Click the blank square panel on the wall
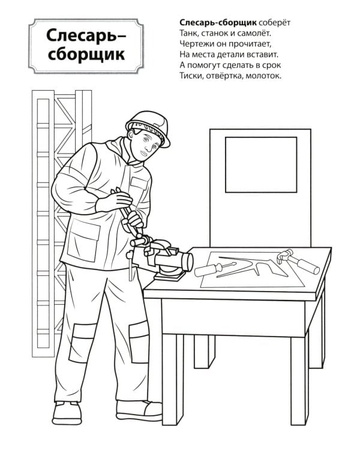click(260, 164)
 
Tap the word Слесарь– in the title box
click(86, 36)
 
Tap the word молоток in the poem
click(263, 76)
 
